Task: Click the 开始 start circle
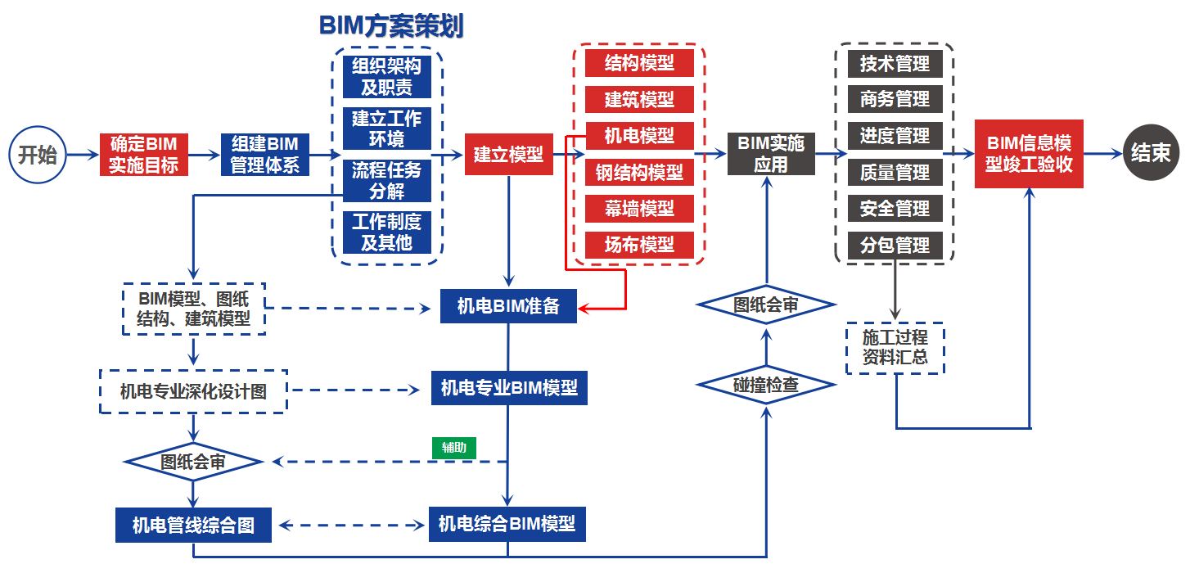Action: pos(38,154)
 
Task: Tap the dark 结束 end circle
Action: pos(1151,153)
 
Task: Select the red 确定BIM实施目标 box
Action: pos(144,155)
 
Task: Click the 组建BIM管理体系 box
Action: pos(264,155)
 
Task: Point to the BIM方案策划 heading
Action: pos(390,26)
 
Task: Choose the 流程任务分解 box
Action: pos(387,181)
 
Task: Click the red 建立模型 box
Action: pos(508,154)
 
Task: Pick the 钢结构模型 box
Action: pos(639,173)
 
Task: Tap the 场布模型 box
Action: pos(639,244)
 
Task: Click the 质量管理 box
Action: pos(895,173)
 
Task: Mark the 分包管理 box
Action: pos(895,244)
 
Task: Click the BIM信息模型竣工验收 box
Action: pos(1029,153)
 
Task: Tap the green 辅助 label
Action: pos(454,447)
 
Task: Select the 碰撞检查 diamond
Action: pos(766,384)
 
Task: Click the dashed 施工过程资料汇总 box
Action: pos(895,347)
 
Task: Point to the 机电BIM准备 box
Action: pos(508,306)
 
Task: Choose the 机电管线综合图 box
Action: pos(193,525)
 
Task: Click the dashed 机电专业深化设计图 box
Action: pos(193,391)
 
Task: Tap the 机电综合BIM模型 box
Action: pos(507,524)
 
